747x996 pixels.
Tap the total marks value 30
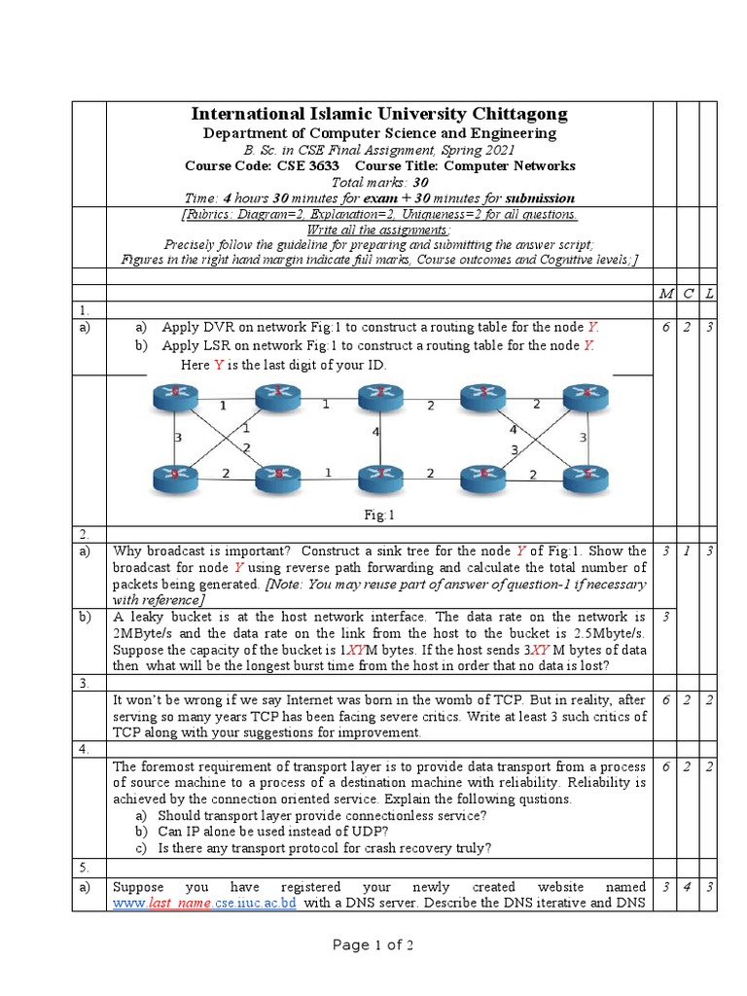420,182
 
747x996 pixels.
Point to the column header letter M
665,294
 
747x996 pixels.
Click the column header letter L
709,294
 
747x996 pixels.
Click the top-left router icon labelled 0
175,394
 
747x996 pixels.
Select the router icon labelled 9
175,476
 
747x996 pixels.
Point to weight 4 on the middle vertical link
375,432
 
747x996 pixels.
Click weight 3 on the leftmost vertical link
177,438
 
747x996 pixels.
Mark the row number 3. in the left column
85,685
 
